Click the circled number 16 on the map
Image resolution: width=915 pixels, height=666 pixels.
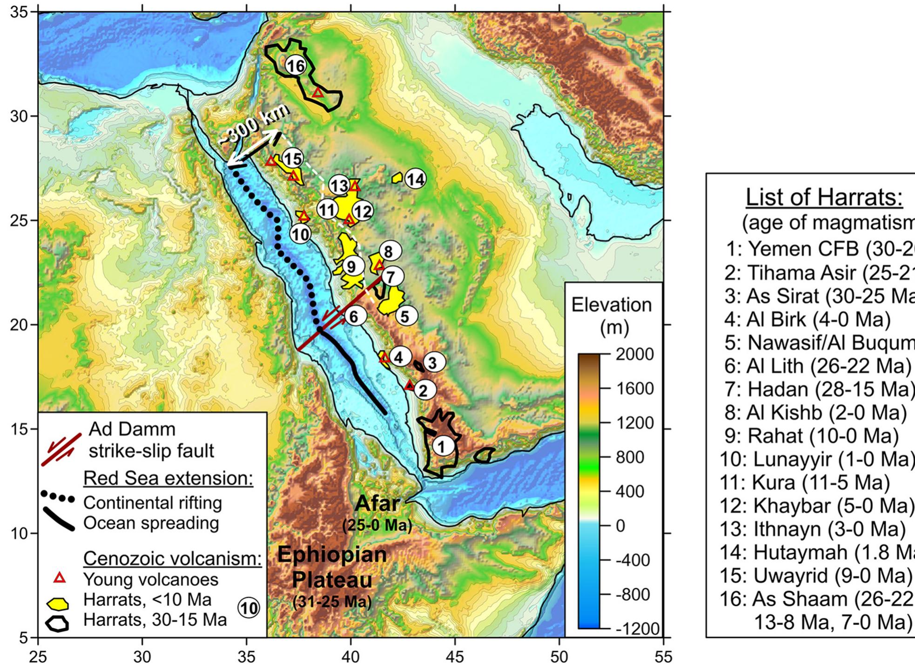(x=296, y=66)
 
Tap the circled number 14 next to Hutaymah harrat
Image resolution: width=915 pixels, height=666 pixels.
(x=415, y=179)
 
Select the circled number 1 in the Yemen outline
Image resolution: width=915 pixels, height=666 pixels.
(x=442, y=446)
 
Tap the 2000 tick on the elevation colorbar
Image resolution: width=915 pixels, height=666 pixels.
(x=634, y=354)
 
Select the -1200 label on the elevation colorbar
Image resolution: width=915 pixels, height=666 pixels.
(x=637, y=629)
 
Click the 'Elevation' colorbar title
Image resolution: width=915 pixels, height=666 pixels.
(x=611, y=306)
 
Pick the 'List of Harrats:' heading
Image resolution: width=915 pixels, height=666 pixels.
(x=824, y=197)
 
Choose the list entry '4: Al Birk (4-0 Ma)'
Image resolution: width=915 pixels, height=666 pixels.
(x=807, y=319)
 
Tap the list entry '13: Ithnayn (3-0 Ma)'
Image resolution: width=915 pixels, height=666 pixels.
(x=813, y=529)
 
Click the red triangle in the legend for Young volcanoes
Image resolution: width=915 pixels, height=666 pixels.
(x=60, y=578)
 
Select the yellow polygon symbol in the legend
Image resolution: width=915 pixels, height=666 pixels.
(x=59, y=604)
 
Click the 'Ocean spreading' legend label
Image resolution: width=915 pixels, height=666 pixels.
(x=151, y=523)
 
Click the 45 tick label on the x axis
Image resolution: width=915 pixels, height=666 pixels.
(x=455, y=657)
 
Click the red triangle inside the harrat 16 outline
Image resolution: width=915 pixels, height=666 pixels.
(x=318, y=92)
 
